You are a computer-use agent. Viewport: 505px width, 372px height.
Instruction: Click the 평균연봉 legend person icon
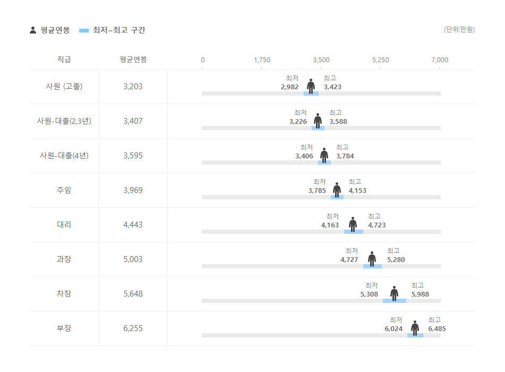point(33,30)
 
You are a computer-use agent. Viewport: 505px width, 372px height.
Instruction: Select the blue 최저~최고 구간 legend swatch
point(84,30)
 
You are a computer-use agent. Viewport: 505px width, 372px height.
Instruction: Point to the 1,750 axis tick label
point(262,60)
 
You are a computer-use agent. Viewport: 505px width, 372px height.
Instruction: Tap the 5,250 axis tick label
point(380,60)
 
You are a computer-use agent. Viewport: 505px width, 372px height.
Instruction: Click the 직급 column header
point(64,60)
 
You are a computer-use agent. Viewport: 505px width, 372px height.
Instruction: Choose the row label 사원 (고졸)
point(64,86)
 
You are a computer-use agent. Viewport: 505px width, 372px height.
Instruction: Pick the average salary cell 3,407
point(133,121)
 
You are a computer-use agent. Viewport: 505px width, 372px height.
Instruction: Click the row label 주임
point(64,190)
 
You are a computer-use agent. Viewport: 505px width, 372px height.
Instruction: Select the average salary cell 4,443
point(133,225)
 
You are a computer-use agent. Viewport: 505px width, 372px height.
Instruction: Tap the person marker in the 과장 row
point(372,259)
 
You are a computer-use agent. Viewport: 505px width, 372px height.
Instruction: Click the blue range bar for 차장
point(394,301)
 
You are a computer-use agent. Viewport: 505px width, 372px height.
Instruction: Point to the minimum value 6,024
point(393,329)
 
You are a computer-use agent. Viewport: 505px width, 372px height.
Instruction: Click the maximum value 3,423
point(332,87)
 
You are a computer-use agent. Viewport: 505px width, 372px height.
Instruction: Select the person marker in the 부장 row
point(415,328)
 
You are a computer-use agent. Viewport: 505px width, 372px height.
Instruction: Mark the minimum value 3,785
point(317,191)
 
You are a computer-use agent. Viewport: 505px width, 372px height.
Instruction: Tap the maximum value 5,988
point(420,294)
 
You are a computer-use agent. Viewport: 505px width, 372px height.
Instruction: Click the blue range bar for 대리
point(353,232)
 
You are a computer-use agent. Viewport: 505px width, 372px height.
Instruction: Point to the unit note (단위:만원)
point(459,30)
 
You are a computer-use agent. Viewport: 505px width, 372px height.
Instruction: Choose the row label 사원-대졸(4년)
point(64,156)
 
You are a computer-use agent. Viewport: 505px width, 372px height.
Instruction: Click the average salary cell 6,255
point(133,328)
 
